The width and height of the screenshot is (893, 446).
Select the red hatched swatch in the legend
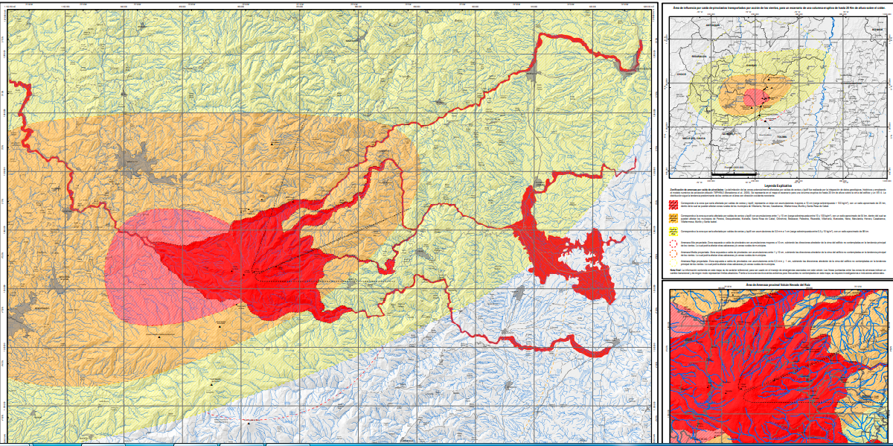tap(673, 202)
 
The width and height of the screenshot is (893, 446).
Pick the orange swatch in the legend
tap(673, 217)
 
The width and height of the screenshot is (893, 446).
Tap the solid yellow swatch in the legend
tap(673, 231)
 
